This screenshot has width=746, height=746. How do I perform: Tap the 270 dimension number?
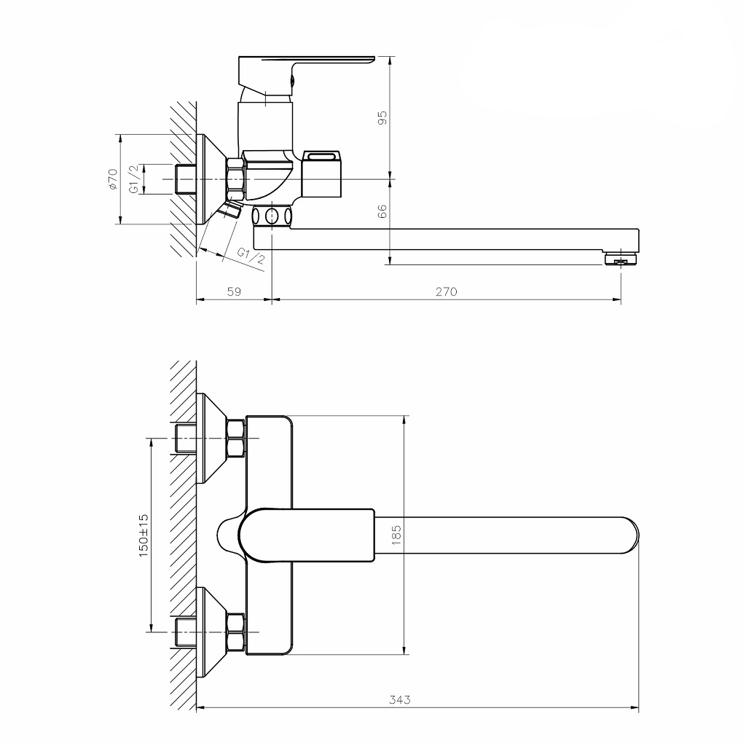pos(446,291)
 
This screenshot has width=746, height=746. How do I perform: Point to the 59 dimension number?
pos(234,291)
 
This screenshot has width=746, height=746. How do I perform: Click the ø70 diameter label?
pos(111,179)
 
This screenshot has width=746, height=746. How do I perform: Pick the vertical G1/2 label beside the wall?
pos(134,179)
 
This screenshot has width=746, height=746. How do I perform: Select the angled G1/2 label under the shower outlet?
pos(251,256)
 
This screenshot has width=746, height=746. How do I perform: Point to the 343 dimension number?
pos(399,699)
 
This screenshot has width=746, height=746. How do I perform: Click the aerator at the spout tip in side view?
pos(620,259)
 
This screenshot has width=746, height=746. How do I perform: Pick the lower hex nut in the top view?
pos(236,632)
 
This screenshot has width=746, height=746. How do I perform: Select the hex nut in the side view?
pos(236,178)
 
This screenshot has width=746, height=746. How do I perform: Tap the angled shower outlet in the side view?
pos(231,212)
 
